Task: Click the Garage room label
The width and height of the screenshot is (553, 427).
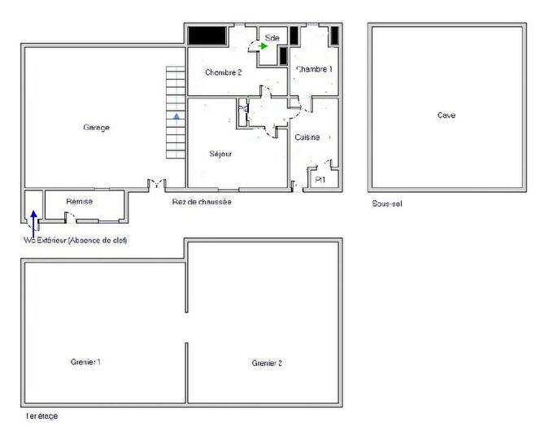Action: [96, 128]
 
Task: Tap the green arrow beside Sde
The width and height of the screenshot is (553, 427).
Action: [263, 46]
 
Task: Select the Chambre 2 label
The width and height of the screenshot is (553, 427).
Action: [223, 72]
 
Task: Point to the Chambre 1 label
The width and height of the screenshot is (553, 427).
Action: [314, 70]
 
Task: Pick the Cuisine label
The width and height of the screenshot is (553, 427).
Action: [307, 137]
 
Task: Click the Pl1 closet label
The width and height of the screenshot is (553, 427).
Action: [320, 180]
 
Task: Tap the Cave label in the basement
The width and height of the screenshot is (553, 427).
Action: [446, 115]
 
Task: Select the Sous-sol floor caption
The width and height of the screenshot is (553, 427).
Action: [387, 204]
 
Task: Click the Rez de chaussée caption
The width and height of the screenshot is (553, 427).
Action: [202, 202]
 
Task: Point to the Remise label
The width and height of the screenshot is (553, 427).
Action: [80, 202]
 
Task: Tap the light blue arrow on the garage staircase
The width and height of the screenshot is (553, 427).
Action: [176, 117]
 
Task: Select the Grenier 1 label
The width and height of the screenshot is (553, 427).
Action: [85, 362]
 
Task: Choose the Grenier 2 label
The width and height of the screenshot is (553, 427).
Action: [267, 363]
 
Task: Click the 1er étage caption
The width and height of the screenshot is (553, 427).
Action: [41, 416]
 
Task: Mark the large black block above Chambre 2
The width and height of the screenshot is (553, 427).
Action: [207, 36]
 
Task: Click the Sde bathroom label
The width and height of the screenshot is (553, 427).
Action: [272, 37]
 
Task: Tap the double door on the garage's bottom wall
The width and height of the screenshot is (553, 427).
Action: [155, 184]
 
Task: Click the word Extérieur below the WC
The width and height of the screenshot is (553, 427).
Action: [51, 241]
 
